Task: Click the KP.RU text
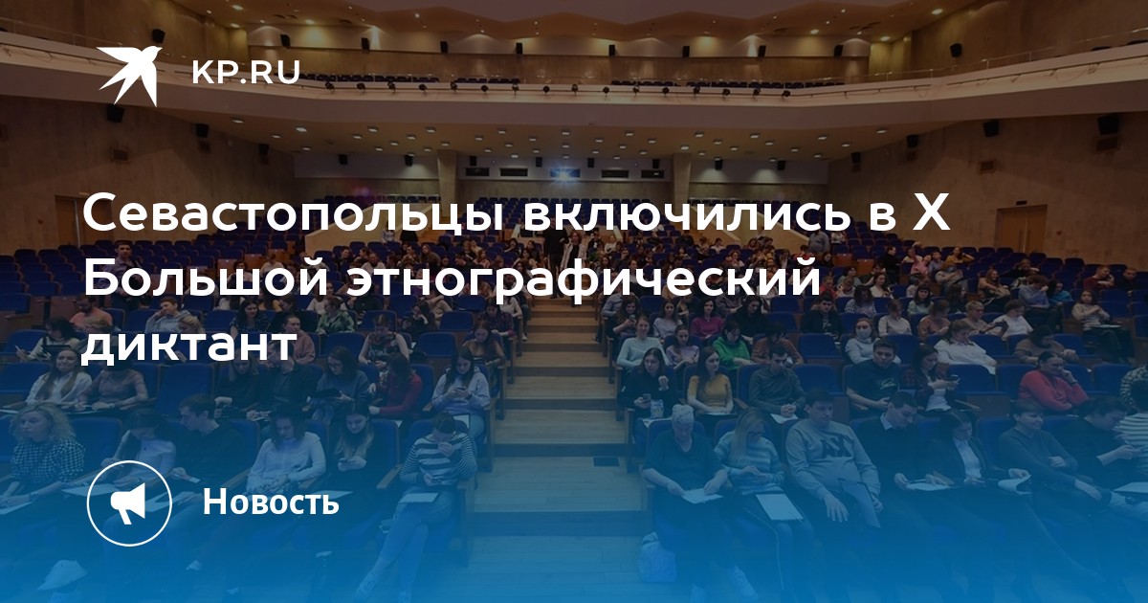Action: click(246, 72)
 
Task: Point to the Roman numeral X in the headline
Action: click(931, 212)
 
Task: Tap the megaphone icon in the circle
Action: click(128, 502)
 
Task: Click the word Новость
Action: click(271, 502)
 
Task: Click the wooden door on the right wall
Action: click(1020, 229)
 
